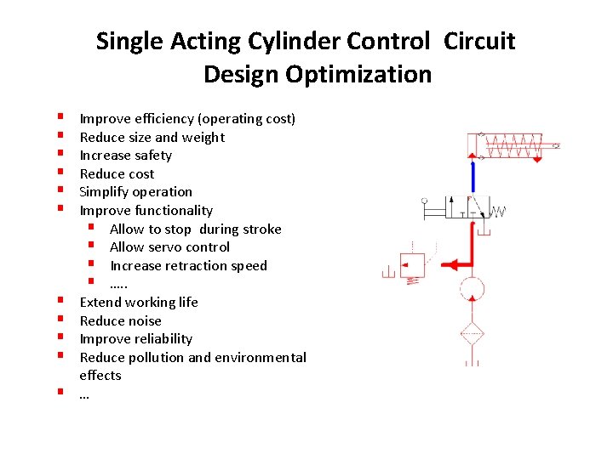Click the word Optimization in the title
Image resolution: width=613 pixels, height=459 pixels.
click(x=358, y=75)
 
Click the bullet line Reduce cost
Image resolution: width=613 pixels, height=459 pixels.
click(x=117, y=173)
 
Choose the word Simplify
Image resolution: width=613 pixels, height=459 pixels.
click(x=104, y=192)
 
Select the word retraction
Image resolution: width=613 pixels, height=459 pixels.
click(x=198, y=265)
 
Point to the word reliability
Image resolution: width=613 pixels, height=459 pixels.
click(x=160, y=339)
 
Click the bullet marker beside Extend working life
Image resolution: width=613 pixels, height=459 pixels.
click(x=62, y=302)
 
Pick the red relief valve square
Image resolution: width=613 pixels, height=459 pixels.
click(x=415, y=263)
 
